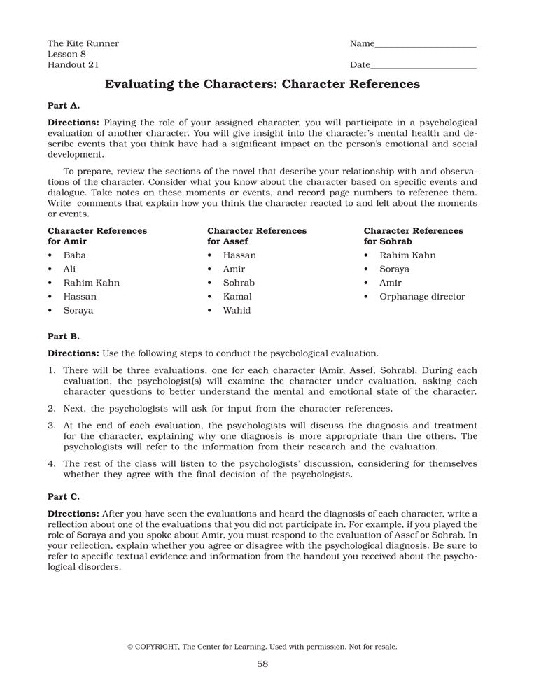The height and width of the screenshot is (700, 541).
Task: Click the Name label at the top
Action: (362, 43)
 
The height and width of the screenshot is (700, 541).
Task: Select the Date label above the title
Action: (360, 65)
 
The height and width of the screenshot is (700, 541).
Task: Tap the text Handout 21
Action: (73, 65)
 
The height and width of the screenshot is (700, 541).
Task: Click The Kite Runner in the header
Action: (83, 43)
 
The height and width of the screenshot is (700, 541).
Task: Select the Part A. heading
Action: (64, 105)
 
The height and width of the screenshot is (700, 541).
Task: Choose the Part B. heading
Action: (64, 335)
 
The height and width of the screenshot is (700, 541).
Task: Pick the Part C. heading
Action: (64, 496)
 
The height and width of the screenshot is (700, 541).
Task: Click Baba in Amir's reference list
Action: (74, 255)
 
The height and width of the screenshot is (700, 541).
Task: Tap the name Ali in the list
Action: (69, 269)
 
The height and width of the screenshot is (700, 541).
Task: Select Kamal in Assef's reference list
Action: (238, 297)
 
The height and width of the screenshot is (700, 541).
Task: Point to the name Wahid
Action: (237, 310)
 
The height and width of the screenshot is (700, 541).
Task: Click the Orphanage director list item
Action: (422, 297)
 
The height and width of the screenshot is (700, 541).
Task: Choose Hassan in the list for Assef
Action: (239, 255)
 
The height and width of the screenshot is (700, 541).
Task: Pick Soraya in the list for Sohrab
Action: (395, 269)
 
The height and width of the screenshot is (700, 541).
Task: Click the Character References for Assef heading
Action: (256, 236)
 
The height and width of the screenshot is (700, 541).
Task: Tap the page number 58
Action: (262, 664)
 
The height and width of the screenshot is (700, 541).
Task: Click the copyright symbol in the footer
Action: (130, 647)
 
